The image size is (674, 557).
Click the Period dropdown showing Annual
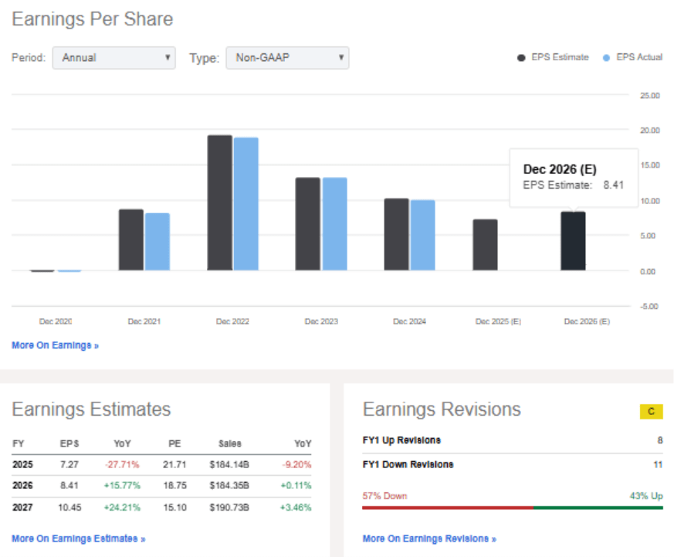(113, 58)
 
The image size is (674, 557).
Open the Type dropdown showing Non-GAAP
(286, 58)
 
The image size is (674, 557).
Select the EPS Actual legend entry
(633, 57)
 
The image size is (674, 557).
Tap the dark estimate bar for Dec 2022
(219, 202)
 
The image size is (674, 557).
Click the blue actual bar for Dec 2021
(157, 241)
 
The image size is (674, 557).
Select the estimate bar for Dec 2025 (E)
(485, 245)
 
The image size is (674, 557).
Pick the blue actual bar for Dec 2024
(422, 235)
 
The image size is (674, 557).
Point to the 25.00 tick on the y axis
(650, 96)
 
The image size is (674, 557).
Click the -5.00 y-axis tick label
(650, 306)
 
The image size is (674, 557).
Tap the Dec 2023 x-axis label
(321, 321)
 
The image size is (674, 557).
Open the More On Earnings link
(55, 345)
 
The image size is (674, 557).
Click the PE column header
(174, 443)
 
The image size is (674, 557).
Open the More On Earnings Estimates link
(78, 538)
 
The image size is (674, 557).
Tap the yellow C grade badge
(651, 412)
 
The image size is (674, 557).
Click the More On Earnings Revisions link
(429, 538)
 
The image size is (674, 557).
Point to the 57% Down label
(384, 496)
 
